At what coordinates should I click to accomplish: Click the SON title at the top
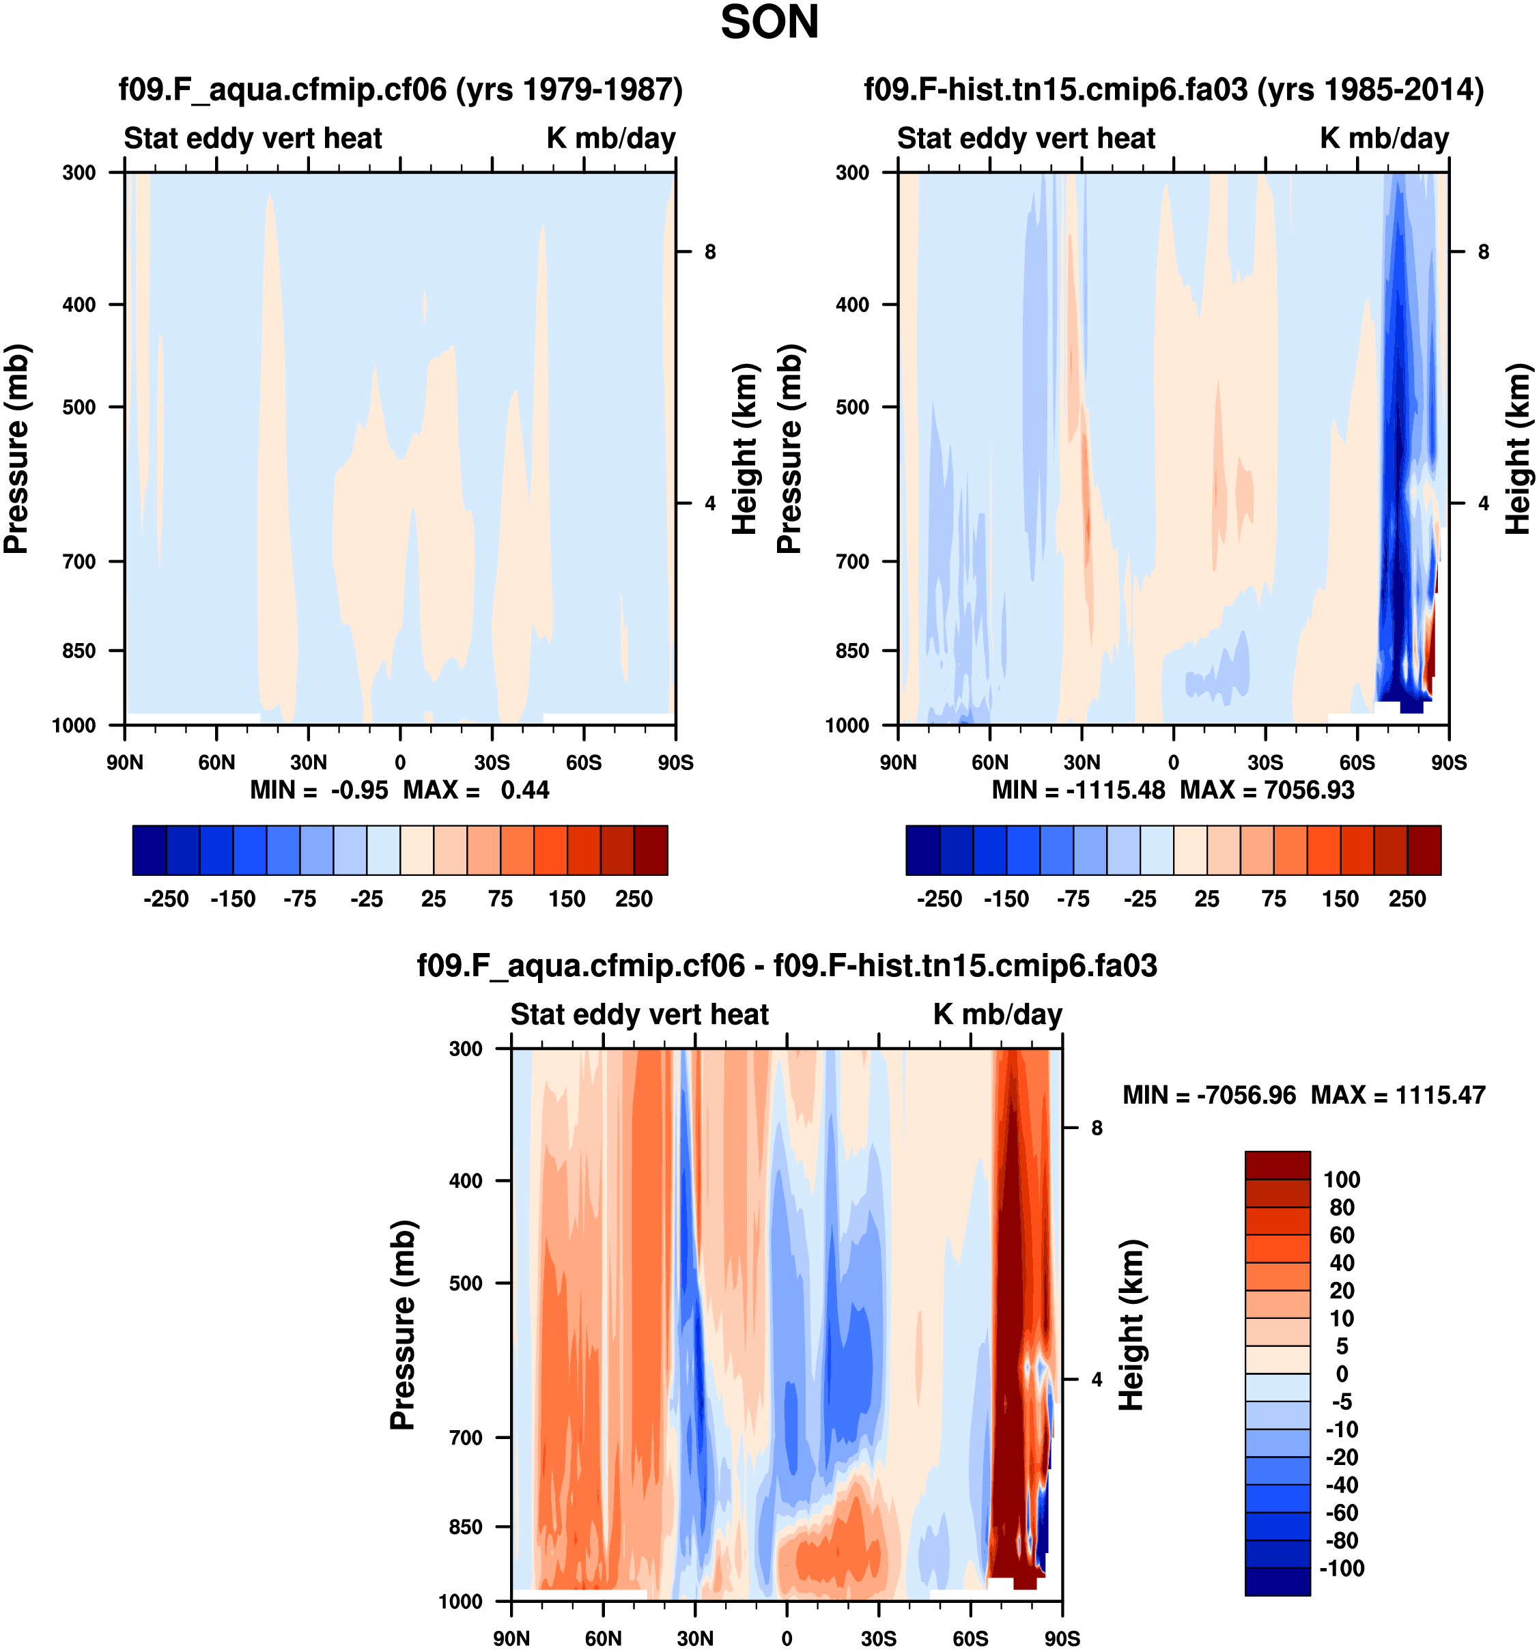point(769,23)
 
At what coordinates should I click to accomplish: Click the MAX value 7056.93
point(1308,790)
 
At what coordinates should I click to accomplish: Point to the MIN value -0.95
point(358,790)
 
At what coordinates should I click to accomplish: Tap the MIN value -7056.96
point(1246,1096)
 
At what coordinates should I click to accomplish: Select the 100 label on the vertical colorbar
point(1342,1180)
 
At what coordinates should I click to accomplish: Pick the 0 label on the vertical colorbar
point(1342,1374)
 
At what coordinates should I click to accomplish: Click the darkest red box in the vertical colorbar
point(1277,1165)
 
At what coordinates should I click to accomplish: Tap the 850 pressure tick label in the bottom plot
point(466,1527)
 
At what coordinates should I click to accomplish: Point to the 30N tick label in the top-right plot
point(1081,763)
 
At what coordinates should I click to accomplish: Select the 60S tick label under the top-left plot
point(584,763)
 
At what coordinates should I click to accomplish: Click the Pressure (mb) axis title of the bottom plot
point(403,1324)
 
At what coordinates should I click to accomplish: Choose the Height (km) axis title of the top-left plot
point(746,449)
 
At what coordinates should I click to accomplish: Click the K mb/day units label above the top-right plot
point(1384,139)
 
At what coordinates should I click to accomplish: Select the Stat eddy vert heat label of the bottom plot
point(639,1014)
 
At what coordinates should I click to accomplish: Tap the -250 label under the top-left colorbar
point(166,899)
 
